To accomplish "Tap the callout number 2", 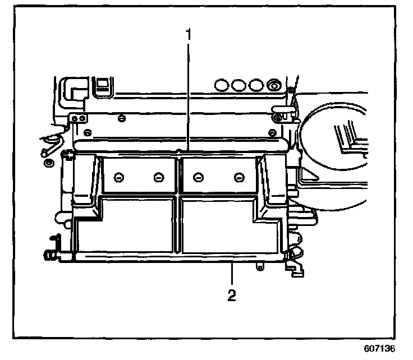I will coord(231,294).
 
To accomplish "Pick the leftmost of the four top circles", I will coord(222,85).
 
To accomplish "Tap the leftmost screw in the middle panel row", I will coord(118,178).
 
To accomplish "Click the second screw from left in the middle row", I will coord(158,178).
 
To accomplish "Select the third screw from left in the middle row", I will coord(197,178).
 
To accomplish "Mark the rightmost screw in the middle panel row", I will coord(238,178).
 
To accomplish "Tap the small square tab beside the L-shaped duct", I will coord(103,85).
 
